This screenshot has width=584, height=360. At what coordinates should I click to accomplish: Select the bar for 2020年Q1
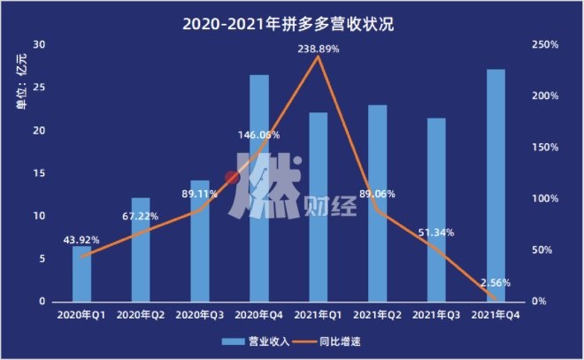tap(82, 274)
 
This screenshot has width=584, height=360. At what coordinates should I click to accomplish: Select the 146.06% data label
tap(259, 135)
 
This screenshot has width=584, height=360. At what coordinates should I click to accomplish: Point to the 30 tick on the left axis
tap(38, 44)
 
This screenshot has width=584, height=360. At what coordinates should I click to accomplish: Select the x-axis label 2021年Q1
tap(319, 314)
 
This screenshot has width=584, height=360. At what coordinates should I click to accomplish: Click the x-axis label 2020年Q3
tap(200, 314)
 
